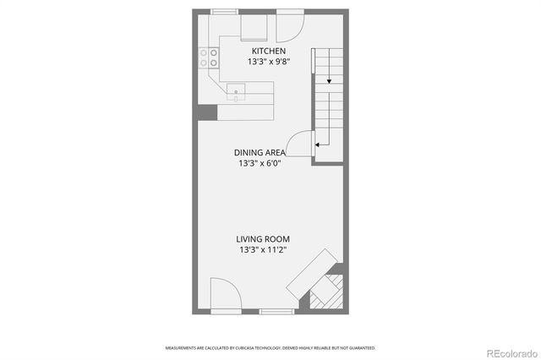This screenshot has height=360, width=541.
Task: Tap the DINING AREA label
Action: [260, 153]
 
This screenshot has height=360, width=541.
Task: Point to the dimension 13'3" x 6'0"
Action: [260, 164]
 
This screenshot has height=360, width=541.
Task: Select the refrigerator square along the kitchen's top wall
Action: [254, 28]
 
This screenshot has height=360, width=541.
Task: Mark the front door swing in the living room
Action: [223, 296]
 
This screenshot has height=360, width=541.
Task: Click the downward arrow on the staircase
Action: [329, 82]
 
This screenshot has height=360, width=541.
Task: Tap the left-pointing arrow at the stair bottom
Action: [318, 145]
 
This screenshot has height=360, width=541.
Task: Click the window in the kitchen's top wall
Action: [224, 11]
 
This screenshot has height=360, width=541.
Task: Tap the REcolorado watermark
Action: [509, 352]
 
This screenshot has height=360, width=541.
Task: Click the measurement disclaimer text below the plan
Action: [270, 347]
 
